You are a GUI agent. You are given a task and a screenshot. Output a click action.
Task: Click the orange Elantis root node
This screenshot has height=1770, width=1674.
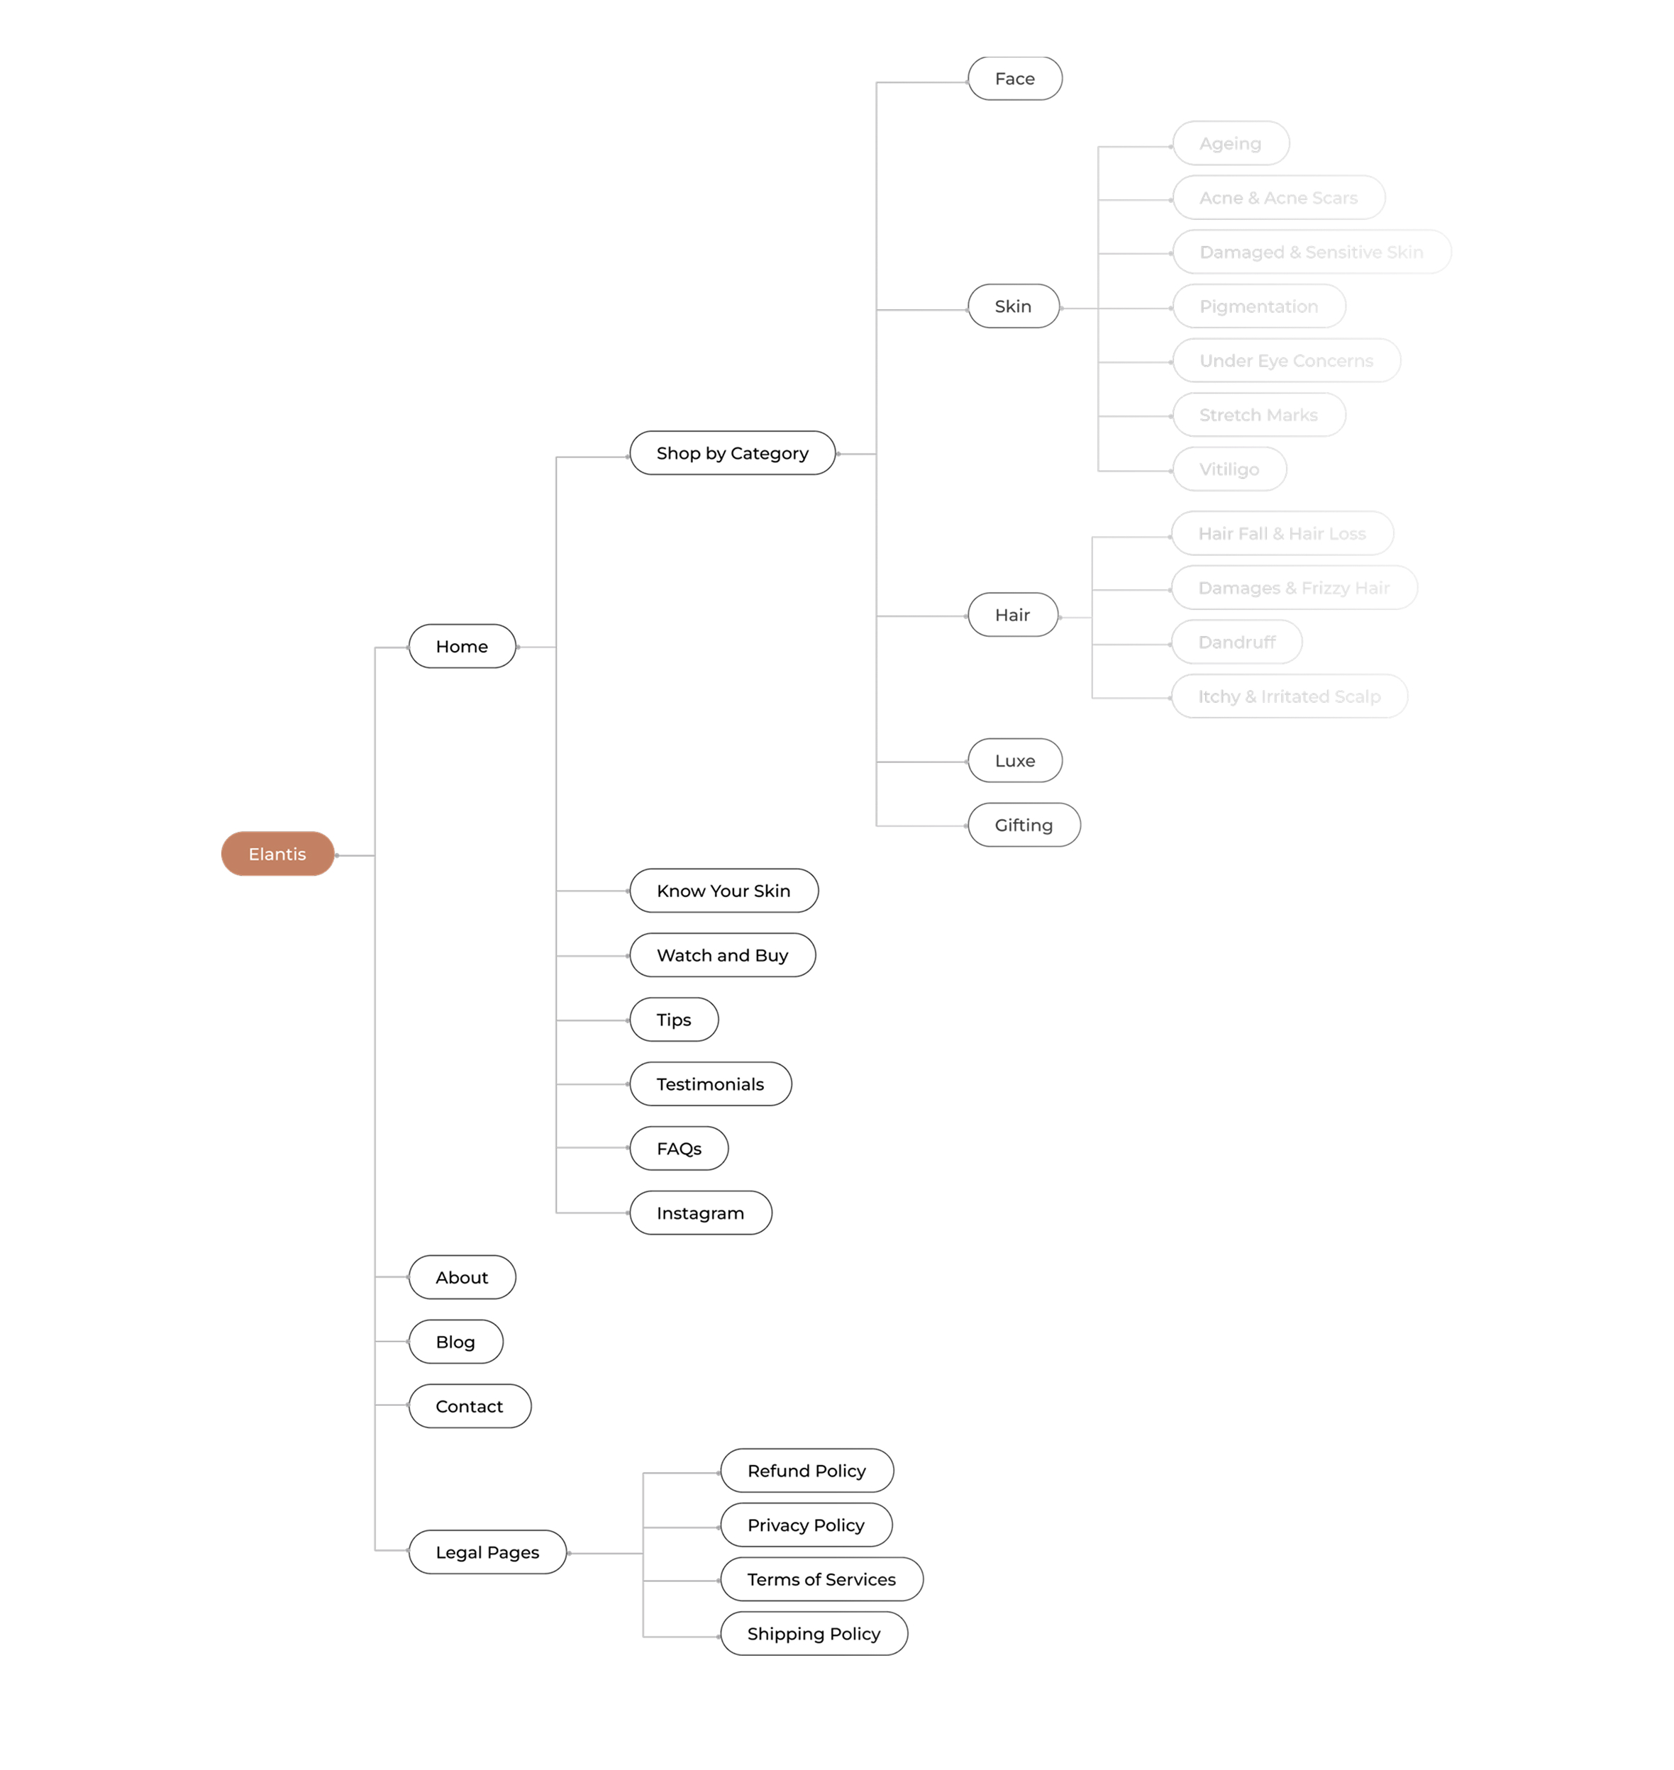pyautogui.click(x=277, y=854)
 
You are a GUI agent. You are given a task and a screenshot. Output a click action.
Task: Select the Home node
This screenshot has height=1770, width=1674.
pyautogui.click(x=462, y=646)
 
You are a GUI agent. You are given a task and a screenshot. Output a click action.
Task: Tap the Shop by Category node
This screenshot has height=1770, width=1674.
pyautogui.click(x=733, y=453)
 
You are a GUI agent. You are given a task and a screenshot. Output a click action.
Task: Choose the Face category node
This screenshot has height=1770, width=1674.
pyautogui.click(x=1014, y=79)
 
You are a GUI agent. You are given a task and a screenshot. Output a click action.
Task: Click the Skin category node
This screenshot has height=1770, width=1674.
pyautogui.click(x=1014, y=306)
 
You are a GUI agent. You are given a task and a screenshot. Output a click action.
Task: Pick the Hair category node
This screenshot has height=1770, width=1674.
pyautogui.click(x=1013, y=615)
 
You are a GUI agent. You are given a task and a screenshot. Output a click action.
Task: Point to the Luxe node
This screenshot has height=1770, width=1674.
pyautogui.click(x=1014, y=760)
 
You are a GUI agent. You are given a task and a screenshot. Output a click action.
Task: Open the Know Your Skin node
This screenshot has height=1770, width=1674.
pyautogui.click(x=724, y=891)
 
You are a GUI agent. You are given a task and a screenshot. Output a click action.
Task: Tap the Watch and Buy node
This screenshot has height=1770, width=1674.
pyautogui.click(x=723, y=954)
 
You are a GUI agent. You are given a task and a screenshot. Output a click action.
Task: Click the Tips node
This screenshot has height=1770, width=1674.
pyautogui.click(x=674, y=1019)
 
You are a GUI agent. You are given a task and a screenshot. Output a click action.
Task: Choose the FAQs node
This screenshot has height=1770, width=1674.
pyautogui.click(x=679, y=1148)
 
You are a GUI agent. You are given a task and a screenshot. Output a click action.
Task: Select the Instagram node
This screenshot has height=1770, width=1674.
pyautogui.click(x=701, y=1213)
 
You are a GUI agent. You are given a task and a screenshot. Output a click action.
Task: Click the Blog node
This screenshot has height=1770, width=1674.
pyautogui.click(x=455, y=1341)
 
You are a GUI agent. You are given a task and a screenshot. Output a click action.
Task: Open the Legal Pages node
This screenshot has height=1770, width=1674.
pyautogui.click(x=487, y=1552)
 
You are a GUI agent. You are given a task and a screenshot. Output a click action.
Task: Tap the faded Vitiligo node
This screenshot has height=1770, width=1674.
pyautogui.click(x=1230, y=469)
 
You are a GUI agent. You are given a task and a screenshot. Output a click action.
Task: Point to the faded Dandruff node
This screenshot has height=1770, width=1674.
pyautogui.click(x=1237, y=642)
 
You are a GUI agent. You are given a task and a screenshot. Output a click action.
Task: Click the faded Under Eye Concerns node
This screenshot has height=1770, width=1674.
pyautogui.click(x=1287, y=360)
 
